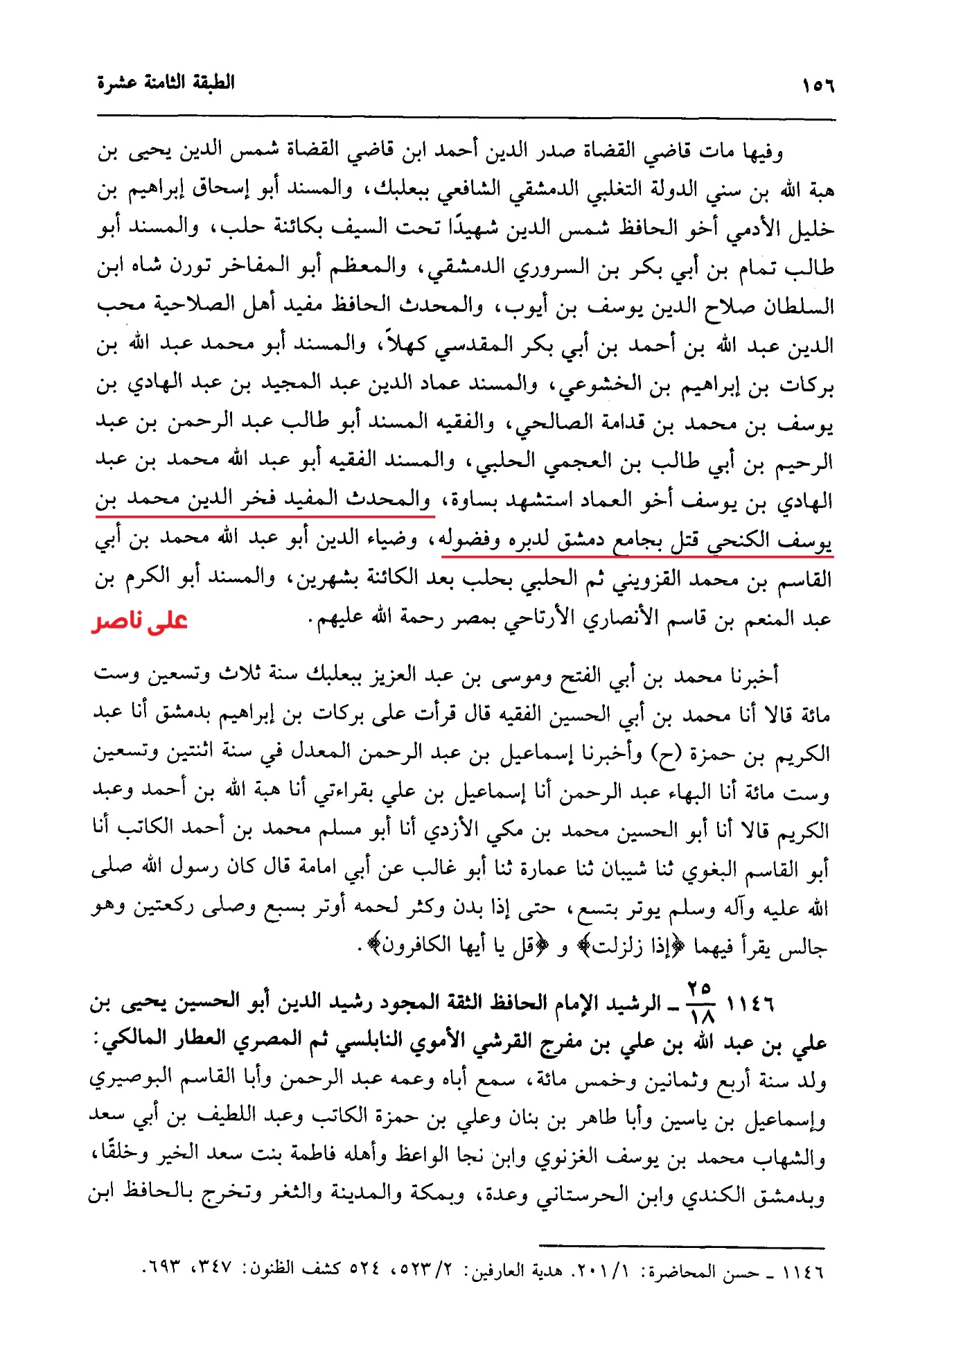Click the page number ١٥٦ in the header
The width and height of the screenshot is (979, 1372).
click(818, 87)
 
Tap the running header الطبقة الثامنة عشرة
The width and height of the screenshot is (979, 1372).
click(166, 82)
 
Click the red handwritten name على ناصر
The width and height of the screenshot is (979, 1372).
click(140, 620)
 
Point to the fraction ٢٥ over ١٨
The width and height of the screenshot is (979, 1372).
click(700, 1003)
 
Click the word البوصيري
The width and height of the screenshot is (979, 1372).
click(125, 1080)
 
